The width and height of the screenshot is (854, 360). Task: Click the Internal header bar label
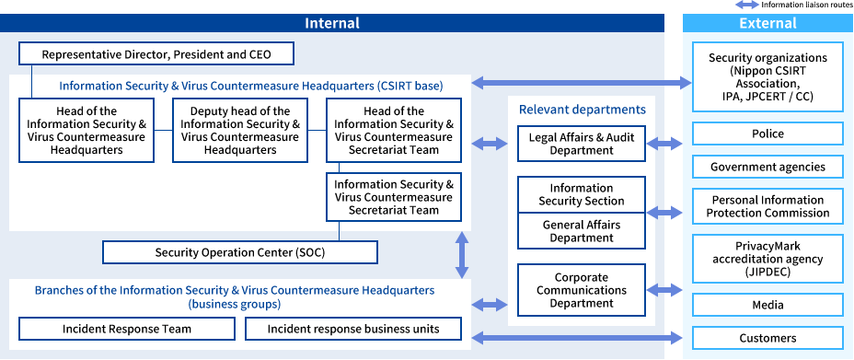tap(332, 23)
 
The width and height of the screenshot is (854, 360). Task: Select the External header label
tap(767, 23)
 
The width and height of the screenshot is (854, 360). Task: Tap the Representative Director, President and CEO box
tap(156, 54)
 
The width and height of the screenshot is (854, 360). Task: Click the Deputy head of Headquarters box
tap(240, 131)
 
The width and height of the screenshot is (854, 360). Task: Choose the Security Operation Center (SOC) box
tap(240, 252)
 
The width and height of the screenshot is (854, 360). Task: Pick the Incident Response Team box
tap(127, 329)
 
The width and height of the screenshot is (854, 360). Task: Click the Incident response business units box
tap(353, 329)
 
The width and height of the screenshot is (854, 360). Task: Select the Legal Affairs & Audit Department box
tap(581, 144)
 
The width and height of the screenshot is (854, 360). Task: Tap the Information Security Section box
tap(581, 194)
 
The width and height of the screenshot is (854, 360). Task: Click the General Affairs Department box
tap(581, 231)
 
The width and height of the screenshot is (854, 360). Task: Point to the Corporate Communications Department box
tap(581, 290)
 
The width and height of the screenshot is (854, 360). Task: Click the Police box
tap(767, 134)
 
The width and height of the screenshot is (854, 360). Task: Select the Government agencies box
tap(767, 167)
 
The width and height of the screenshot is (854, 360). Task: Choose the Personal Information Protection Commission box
tap(767, 206)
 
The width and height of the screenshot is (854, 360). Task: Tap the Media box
tap(767, 305)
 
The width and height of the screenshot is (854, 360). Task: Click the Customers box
tap(767, 338)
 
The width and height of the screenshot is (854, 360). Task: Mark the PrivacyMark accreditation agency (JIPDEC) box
tap(767, 259)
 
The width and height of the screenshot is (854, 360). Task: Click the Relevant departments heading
tap(582, 110)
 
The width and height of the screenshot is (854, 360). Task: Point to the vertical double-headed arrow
tap(462, 255)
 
